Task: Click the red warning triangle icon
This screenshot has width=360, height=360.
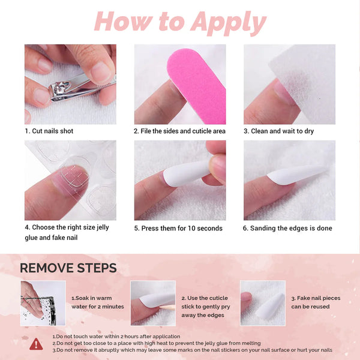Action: tap(37, 343)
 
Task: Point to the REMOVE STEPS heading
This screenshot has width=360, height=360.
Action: tap(68, 268)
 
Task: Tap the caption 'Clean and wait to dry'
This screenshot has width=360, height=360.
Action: tap(278, 131)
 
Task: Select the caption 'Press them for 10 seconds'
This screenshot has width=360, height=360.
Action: tap(178, 228)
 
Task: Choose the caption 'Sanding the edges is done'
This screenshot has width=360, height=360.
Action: tap(287, 228)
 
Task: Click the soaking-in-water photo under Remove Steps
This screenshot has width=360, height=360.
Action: tap(42, 303)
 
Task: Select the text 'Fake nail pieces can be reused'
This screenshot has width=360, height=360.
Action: tap(315, 302)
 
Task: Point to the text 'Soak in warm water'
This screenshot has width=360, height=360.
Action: tap(97, 302)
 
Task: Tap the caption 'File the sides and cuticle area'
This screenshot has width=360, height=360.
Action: tap(179, 131)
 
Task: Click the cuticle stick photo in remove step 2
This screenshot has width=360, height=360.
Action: tap(153, 303)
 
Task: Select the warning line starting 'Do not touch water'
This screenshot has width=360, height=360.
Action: tap(116, 337)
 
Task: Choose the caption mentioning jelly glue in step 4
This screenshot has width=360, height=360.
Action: tap(58, 232)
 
